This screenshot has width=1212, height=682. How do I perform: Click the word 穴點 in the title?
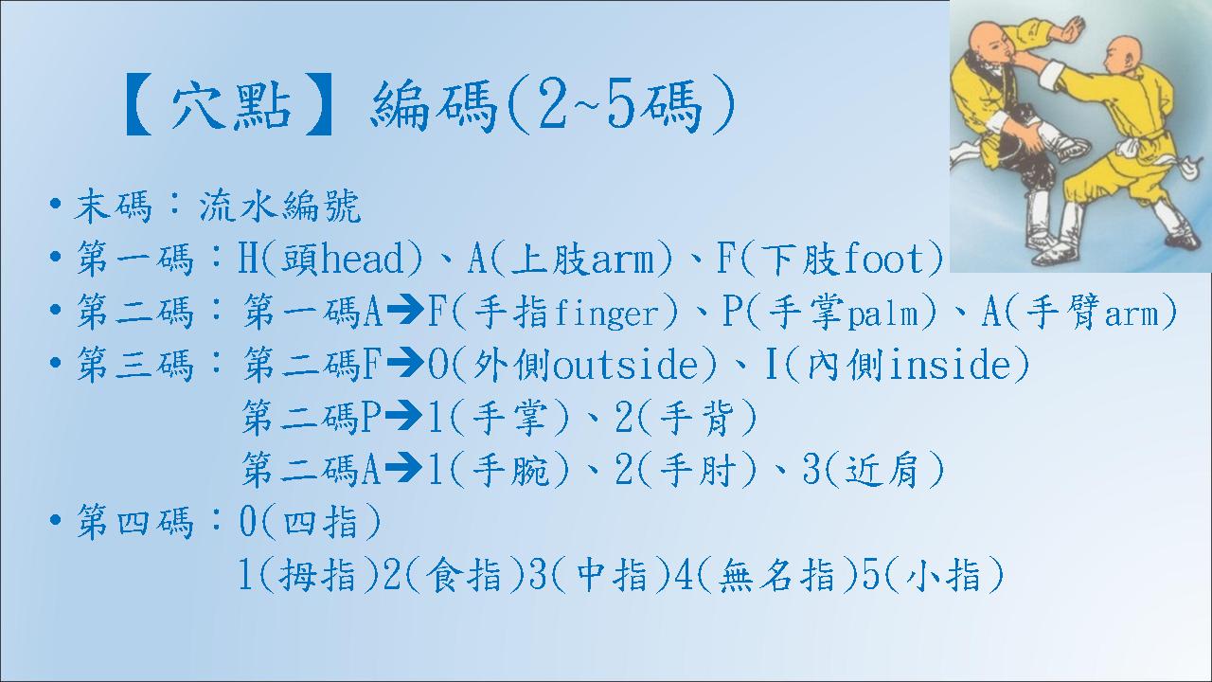[x=232, y=106]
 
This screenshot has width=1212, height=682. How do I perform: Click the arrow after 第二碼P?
[x=403, y=417]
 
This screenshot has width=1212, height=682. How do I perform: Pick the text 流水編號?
[x=279, y=206]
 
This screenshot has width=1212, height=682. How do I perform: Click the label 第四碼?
[x=134, y=522]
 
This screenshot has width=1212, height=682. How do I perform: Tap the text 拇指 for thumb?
[x=317, y=575]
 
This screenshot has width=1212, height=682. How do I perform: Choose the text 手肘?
[x=699, y=470]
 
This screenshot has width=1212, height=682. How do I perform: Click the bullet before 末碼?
[x=54, y=206]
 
